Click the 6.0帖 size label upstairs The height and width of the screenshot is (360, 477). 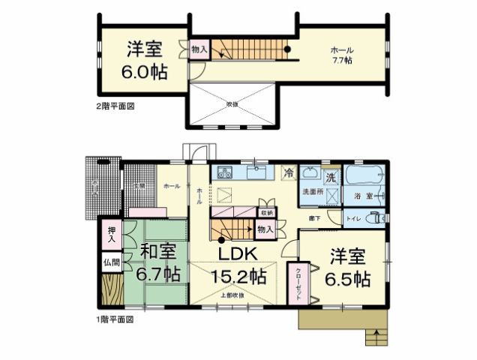pos(145,73)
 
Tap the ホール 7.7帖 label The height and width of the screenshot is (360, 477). pos(342,55)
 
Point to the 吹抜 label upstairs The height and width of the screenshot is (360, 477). pos(232,104)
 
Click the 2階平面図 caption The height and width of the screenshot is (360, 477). pos(115,106)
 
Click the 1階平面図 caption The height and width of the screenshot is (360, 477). pos(115,319)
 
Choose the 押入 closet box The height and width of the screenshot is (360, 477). pos(110,235)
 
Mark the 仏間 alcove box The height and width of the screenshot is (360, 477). pos(110,263)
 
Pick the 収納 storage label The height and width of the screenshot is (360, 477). pos(266,212)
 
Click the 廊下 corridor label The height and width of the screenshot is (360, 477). pos(316,218)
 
